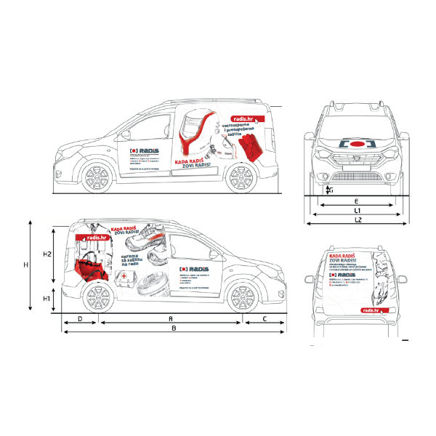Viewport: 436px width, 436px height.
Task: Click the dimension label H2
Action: point(45,254)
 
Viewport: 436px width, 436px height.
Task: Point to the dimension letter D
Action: point(79,318)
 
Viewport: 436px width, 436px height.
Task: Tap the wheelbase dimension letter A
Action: point(170,318)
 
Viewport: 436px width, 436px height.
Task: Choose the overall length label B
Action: point(172,328)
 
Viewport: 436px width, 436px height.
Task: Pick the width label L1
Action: point(357,210)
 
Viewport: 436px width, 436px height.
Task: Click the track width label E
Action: point(356,200)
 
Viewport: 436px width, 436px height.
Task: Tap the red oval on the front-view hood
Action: point(356,144)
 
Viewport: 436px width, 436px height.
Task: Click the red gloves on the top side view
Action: point(253,148)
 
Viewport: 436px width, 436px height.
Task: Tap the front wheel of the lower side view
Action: point(241,297)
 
